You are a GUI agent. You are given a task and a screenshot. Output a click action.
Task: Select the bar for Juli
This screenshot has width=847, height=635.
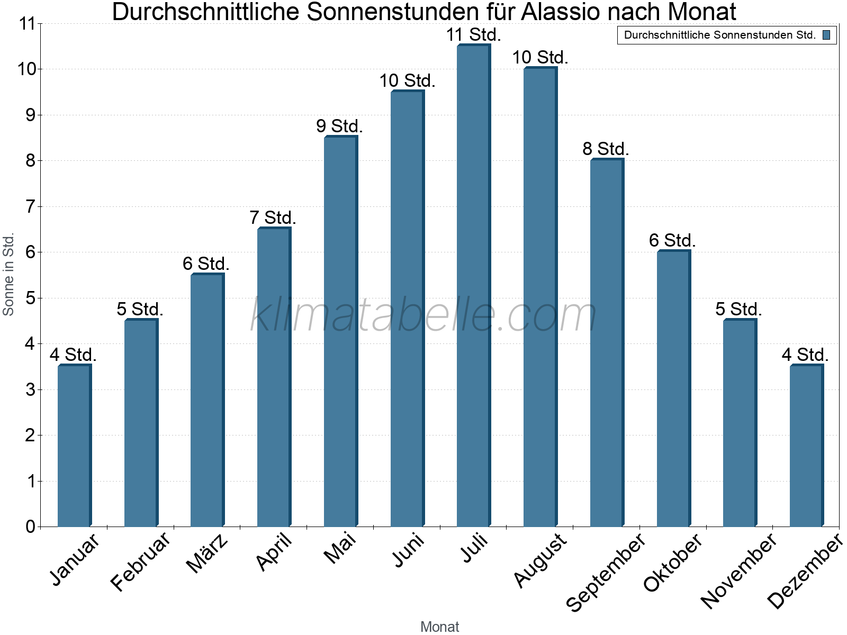click(x=473, y=286)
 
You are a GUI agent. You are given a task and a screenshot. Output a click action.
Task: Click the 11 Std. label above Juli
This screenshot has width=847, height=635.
click(x=473, y=35)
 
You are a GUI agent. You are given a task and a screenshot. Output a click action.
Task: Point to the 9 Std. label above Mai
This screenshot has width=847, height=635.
click(x=340, y=126)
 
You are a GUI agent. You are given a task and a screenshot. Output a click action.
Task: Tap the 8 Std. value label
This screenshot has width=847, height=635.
click(x=606, y=149)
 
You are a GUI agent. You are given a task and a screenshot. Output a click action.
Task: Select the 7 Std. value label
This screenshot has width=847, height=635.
click(x=273, y=217)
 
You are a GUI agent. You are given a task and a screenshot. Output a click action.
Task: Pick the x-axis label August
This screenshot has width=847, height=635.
click(x=540, y=560)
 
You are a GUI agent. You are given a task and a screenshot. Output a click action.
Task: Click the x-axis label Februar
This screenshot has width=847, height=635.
click(x=141, y=561)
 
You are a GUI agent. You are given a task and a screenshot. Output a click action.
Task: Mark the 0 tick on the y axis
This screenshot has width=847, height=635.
click(x=30, y=527)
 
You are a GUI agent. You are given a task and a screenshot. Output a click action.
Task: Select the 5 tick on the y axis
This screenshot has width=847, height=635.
click(x=30, y=298)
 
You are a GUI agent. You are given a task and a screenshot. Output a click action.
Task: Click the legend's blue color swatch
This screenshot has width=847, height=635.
click(x=826, y=35)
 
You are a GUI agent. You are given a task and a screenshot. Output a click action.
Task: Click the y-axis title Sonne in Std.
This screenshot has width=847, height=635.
click(x=8, y=275)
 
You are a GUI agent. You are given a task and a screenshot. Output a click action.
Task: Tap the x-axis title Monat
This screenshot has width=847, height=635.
click(x=439, y=627)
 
